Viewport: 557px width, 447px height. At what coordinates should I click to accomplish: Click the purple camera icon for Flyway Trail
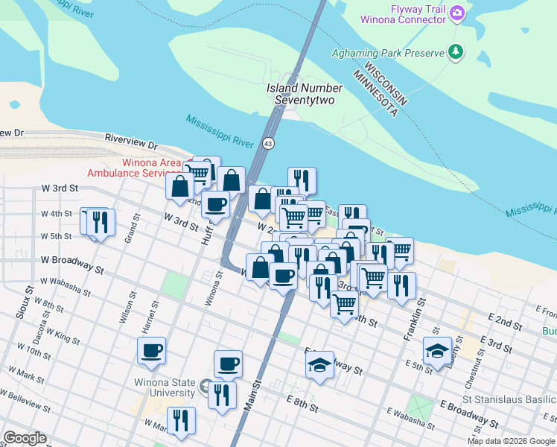457,12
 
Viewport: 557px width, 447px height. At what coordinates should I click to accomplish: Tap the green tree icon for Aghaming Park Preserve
455,51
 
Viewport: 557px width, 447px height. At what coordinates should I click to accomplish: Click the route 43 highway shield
268,142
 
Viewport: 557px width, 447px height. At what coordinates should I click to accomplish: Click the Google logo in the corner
25,438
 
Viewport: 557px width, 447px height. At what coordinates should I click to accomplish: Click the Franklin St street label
422,313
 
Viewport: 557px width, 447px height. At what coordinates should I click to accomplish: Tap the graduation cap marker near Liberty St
437,350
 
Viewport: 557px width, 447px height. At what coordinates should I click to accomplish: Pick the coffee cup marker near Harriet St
151,350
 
